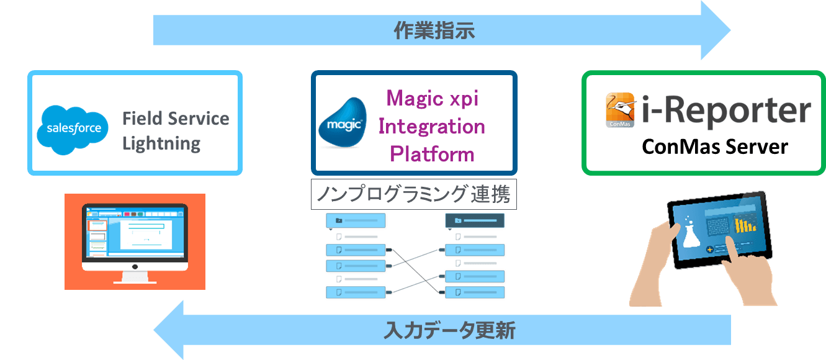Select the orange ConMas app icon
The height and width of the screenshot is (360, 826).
[619, 110]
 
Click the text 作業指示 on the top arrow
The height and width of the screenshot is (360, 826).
[434, 30]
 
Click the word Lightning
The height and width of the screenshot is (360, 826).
[161, 144]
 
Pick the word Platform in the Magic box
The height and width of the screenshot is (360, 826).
[432, 153]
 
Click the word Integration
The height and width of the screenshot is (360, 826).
[432, 126]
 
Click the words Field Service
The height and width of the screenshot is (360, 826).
[176, 118]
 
